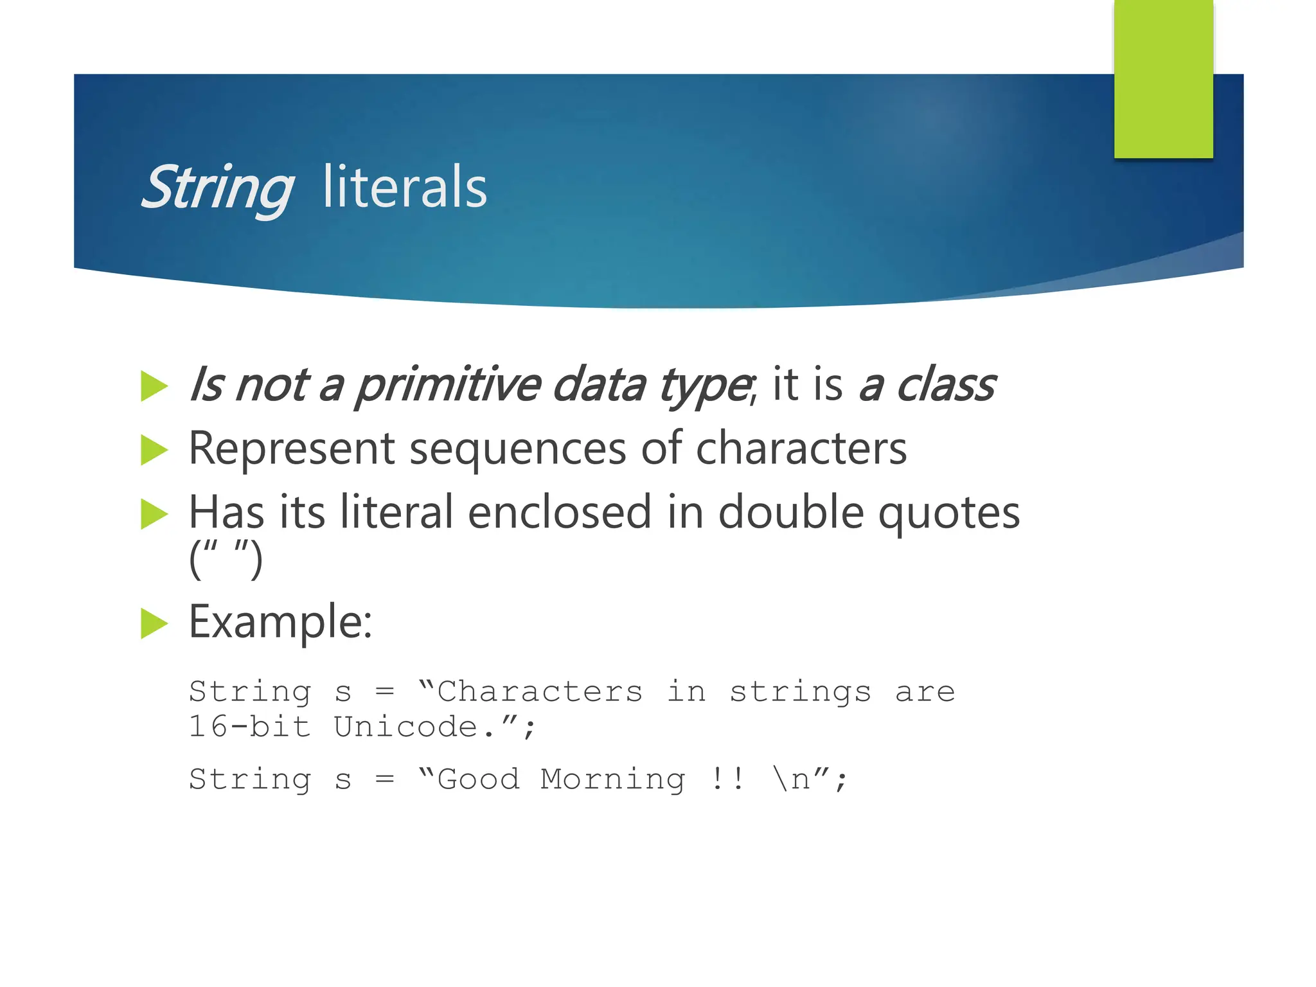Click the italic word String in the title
217,188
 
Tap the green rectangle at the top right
1163,78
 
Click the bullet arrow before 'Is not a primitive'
154,386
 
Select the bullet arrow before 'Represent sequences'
154,449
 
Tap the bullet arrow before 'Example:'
154,623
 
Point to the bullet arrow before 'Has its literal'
154,513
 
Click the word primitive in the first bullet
447,386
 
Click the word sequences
517,449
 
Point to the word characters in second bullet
801,449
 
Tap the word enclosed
559,513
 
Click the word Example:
280,622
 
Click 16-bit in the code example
249,727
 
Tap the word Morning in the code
612,779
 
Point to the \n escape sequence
792,779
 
